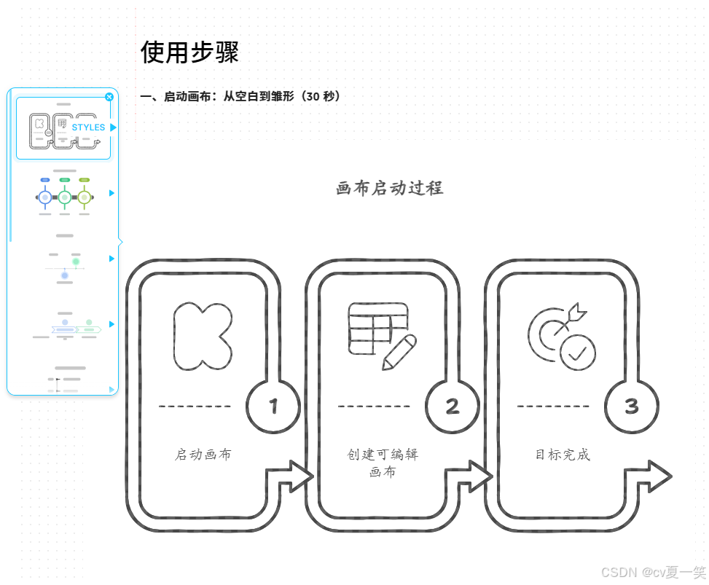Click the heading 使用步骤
pos(189,52)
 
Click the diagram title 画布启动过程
pos(389,188)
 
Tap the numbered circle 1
pos(274,406)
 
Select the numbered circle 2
pos(453,406)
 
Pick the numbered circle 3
pos(632,406)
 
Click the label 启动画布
pos(203,455)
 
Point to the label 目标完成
pos(563,455)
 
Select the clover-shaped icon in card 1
pos(203,334)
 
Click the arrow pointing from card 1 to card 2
pos(291,477)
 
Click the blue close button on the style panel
pos(109,97)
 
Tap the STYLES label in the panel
pos(88,127)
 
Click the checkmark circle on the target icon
pos(578,353)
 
